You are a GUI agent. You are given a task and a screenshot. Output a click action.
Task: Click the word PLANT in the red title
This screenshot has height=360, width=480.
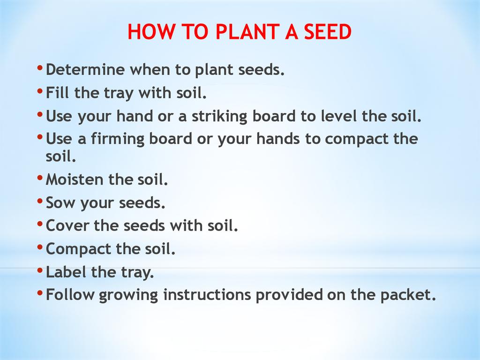coord(247,31)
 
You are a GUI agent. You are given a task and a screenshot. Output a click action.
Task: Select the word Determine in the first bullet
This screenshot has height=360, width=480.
coord(85,69)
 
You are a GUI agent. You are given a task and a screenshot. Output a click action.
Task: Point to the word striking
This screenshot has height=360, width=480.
coord(219,117)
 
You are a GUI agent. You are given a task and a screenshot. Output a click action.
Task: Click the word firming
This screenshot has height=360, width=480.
coord(118,139)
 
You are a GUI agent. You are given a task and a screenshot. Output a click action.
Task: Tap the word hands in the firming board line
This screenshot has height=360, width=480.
coord(278,139)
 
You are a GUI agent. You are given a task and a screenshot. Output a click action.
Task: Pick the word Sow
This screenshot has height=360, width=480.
coord(60,202)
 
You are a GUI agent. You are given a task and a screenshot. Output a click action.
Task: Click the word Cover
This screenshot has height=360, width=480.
coord(67,225)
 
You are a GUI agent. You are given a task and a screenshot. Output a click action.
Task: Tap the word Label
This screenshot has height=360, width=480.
coord(66,272)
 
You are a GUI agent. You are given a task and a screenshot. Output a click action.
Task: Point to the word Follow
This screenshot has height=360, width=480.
coord(70,294)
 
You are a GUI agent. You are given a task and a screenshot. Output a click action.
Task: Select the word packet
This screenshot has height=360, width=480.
coord(408,295)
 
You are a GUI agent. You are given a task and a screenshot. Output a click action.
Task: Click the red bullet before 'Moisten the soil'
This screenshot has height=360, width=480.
coord(40,178)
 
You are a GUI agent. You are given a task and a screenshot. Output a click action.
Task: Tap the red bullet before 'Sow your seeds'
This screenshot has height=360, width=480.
coord(40,201)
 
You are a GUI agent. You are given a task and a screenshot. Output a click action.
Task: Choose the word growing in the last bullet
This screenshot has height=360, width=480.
coord(128,295)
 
